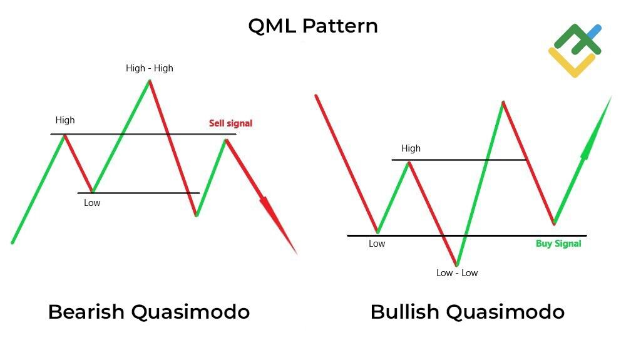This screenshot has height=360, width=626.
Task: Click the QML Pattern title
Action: [x=313, y=26]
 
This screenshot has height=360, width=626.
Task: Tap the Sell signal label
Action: [x=230, y=123]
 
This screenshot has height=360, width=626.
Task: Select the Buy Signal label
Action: [x=558, y=244]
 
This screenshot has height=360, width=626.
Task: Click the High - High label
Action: [x=149, y=68]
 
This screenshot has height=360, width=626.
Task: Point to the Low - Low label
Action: [x=457, y=273]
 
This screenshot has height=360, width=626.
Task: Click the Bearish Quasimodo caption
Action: [x=149, y=311]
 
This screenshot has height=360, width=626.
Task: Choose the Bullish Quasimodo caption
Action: [x=467, y=311]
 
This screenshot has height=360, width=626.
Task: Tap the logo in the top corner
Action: [x=575, y=49]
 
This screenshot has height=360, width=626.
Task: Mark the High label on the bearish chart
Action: [x=64, y=120]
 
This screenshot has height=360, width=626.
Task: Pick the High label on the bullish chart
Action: [x=411, y=148]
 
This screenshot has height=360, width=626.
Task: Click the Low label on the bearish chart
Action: [x=92, y=203]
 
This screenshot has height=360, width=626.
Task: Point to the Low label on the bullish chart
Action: [x=377, y=244]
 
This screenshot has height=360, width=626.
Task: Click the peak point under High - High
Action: [x=150, y=81]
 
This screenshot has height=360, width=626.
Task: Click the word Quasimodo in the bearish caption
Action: [x=190, y=311]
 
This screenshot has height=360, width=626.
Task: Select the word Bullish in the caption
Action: [x=408, y=311]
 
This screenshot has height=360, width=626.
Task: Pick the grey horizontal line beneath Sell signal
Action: [x=188, y=134]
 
